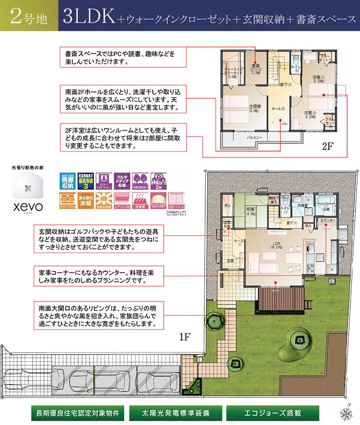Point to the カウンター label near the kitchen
tap(327, 220)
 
